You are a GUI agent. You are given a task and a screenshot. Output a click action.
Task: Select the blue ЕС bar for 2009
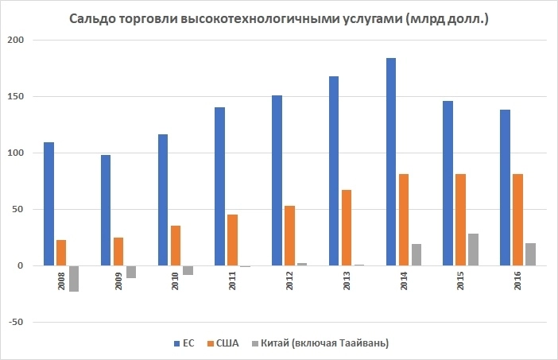106,210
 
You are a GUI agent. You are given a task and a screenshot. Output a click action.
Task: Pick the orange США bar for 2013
347,227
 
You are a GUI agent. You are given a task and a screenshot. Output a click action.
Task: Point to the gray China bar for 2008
74,278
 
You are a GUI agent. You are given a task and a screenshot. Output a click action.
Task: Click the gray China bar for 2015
474,250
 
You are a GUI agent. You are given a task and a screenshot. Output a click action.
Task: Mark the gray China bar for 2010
188,270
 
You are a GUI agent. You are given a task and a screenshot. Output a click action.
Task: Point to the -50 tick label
17,322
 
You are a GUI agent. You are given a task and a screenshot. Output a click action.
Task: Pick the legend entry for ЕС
184,343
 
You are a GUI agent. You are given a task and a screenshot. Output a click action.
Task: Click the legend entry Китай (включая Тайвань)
327,343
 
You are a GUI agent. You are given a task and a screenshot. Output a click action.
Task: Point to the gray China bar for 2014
417,255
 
